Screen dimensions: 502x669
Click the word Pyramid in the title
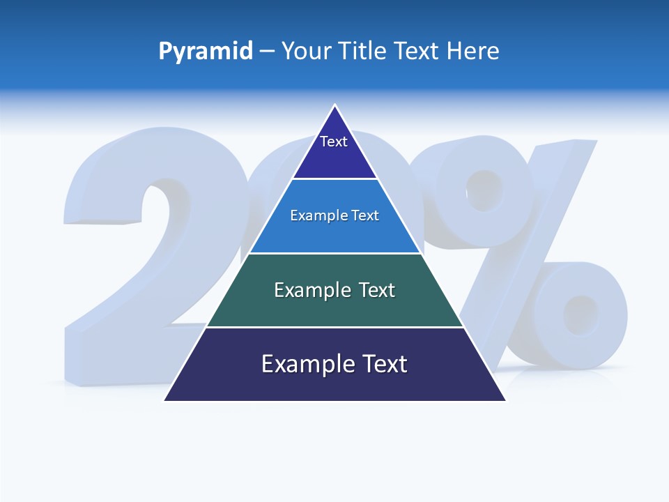206,51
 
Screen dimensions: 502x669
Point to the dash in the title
267,52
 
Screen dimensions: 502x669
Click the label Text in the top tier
333,142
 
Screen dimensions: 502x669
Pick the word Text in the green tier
376,290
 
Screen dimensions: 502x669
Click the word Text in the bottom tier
382,364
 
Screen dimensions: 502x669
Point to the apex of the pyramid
334,105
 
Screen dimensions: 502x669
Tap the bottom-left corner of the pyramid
164,400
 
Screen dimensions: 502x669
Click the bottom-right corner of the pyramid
505,400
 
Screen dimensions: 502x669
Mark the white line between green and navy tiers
334,327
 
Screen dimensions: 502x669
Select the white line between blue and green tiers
334,253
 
